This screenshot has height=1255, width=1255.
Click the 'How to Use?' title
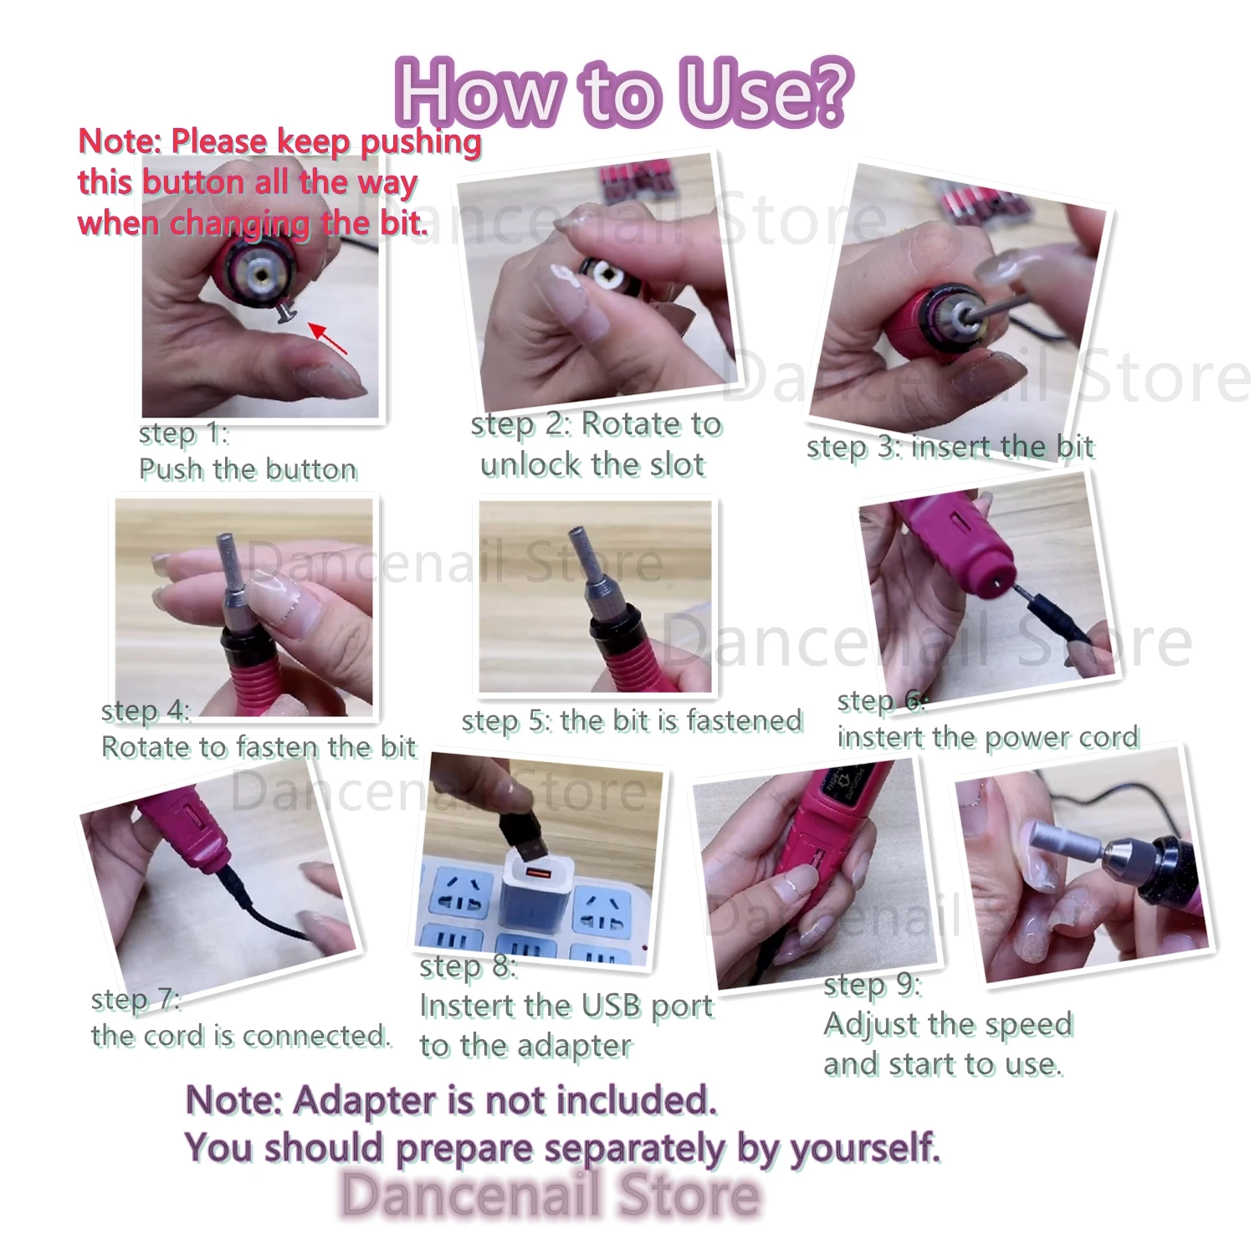(623, 92)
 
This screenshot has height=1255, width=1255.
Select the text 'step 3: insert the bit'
(950, 448)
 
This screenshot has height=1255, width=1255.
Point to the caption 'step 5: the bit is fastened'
(632, 721)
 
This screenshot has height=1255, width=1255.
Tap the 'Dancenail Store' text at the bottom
(551, 1194)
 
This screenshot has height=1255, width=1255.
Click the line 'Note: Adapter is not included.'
(452, 1100)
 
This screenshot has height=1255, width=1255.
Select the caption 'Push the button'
(248, 469)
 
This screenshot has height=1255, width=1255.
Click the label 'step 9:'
(872, 985)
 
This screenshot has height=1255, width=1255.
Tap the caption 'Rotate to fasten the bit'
(259, 747)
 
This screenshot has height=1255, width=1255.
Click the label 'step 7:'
(136, 999)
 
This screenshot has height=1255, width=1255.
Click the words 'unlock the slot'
(592, 465)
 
